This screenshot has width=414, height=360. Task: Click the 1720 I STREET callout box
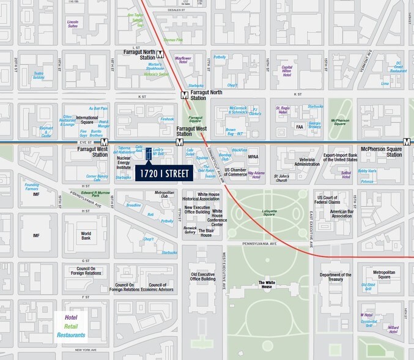(x=163, y=174)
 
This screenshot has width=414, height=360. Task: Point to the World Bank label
(x=86, y=235)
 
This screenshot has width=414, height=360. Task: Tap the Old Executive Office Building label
(x=203, y=276)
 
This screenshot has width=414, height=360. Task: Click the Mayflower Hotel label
(x=183, y=60)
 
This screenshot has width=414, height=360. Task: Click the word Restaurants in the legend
(x=72, y=335)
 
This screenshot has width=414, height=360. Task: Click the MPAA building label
(x=253, y=157)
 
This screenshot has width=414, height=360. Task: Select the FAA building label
(x=300, y=127)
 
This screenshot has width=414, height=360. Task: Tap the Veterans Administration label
(x=307, y=163)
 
